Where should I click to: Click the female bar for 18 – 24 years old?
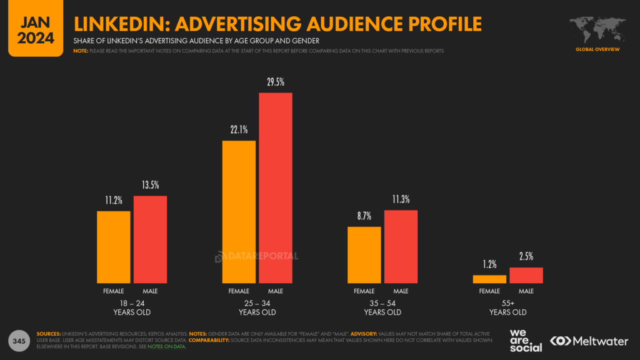tap(113, 247)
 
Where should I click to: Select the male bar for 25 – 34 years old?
tap(276, 187)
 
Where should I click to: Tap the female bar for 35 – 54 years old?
tap(364, 254)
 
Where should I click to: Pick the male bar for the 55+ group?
tap(526, 275)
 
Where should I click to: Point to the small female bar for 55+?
tap(489, 279)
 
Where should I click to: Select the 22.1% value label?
tap(239, 130)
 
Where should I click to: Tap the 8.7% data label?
tap(364, 216)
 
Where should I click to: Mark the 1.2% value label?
tap(489, 264)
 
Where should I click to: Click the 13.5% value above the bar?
tap(150, 186)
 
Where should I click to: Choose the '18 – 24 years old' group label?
tap(132, 307)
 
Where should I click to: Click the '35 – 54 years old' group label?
tap(382, 307)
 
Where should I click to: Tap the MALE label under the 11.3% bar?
tap(401, 291)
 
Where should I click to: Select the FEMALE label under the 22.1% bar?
tap(239, 291)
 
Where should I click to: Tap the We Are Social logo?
tap(526, 340)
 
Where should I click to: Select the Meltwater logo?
tap(588, 341)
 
